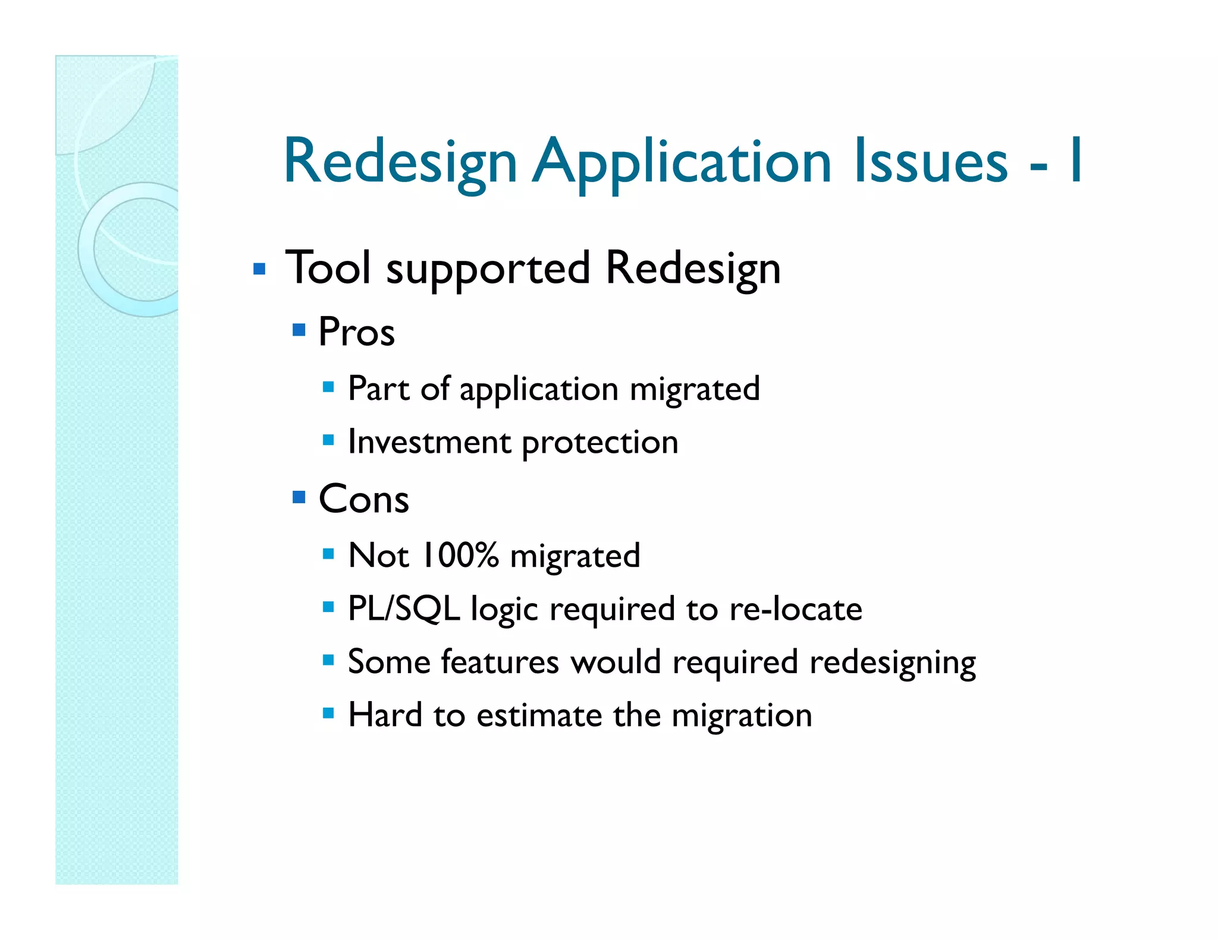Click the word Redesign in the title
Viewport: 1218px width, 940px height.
click(x=400, y=162)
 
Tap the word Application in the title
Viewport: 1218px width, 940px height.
click(x=682, y=162)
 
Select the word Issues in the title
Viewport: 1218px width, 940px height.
click(x=931, y=160)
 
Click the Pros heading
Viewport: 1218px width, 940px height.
click(x=356, y=332)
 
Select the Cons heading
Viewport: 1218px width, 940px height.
click(x=363, y=499)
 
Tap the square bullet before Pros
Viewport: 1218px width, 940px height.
click(x=299, y=330)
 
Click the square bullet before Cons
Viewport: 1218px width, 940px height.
click(x=299, y=497)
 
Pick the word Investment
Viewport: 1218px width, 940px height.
click(x=429, y=442)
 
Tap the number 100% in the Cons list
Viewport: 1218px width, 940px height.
click(x=459, y=555)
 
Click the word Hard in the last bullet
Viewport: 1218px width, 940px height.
click(x=385, y=715)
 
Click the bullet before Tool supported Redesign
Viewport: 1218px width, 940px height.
click(x=259, y=269)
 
